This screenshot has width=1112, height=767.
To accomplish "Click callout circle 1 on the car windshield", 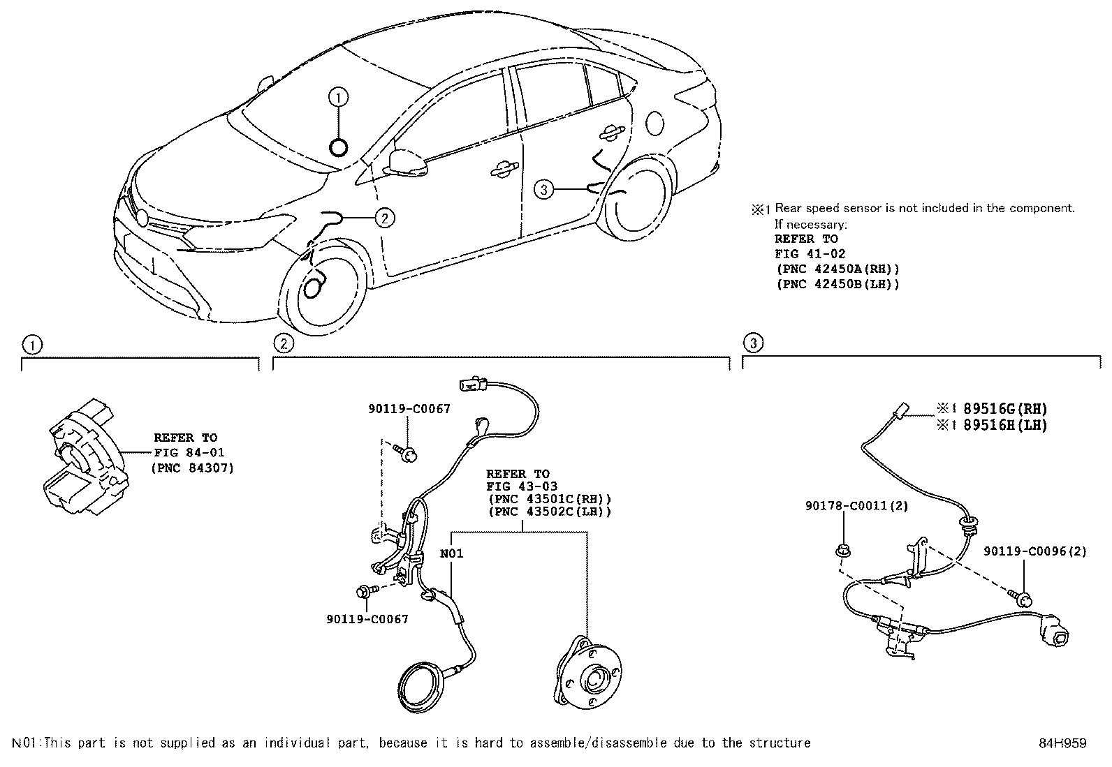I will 338,98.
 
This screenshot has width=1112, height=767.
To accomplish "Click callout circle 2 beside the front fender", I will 384,218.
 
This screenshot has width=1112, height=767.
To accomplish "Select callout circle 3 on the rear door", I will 544,188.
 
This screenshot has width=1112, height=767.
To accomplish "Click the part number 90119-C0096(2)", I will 1035,551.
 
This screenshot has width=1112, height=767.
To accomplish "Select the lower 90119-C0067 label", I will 367,619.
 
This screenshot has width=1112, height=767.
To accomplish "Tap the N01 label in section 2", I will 451,554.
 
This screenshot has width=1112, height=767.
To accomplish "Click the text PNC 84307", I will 192,468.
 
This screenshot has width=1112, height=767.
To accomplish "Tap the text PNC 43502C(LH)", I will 550,512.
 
